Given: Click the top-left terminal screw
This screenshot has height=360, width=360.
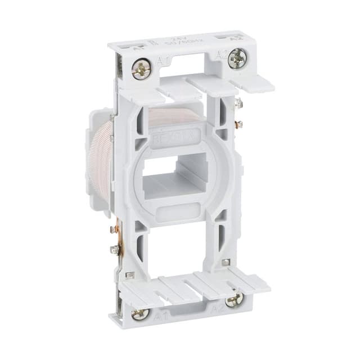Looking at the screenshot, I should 141,70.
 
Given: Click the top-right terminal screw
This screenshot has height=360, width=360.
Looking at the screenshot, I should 237,57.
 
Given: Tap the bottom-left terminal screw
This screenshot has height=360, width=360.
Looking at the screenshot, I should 141,314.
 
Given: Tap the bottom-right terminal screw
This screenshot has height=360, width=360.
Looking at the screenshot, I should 234,300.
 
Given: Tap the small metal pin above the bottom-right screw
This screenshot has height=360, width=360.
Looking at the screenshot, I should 224,262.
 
